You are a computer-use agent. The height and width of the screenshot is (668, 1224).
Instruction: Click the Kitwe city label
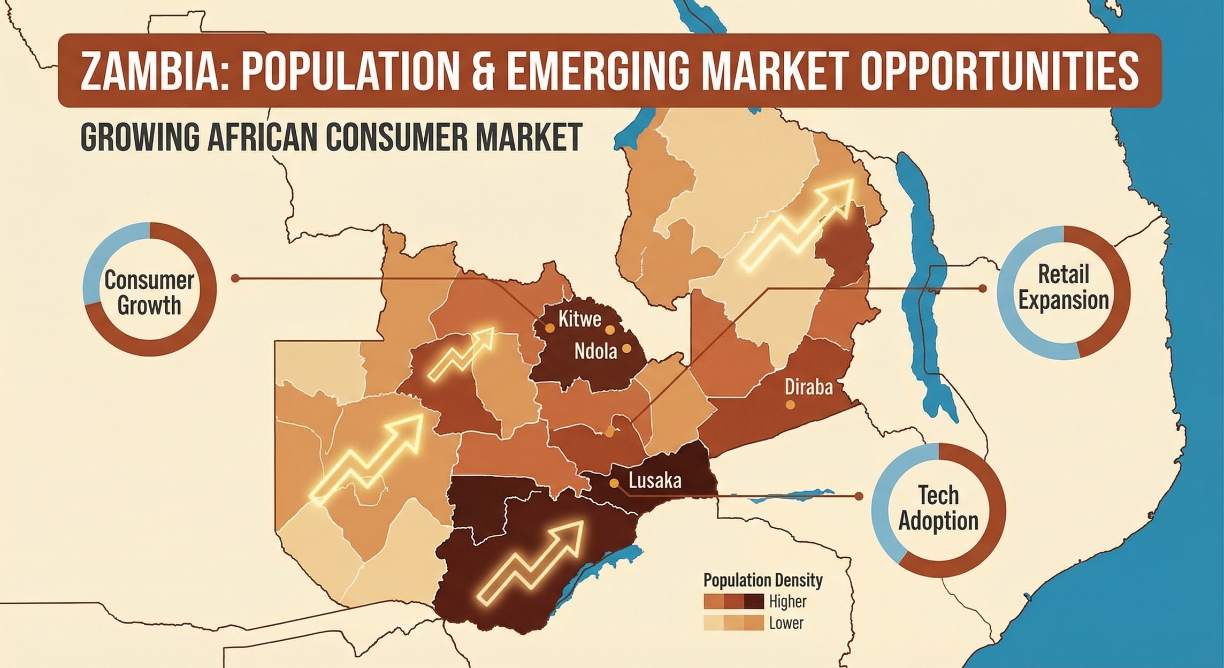pos(579,320)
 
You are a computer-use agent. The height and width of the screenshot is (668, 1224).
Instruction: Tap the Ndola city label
pos(595,351)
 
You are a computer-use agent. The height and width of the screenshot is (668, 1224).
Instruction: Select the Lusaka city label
pos(655,480)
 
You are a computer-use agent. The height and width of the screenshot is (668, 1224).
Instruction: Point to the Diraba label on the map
pos(808,386)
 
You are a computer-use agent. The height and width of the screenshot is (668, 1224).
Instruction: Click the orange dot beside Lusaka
pos(615,483)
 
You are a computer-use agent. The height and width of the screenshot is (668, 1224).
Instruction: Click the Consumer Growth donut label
pos(149,293)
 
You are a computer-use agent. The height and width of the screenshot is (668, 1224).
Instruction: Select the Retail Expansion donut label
pos(1063,287)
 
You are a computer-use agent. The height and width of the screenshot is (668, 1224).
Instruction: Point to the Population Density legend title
pos(763,580)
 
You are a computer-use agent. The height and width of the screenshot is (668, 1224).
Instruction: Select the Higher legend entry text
pos(787,601)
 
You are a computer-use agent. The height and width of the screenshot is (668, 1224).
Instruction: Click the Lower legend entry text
pos(786,623)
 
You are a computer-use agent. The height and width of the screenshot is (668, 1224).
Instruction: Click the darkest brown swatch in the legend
pos(753,602)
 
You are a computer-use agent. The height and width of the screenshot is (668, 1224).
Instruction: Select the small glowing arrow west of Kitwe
pos(462,353)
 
